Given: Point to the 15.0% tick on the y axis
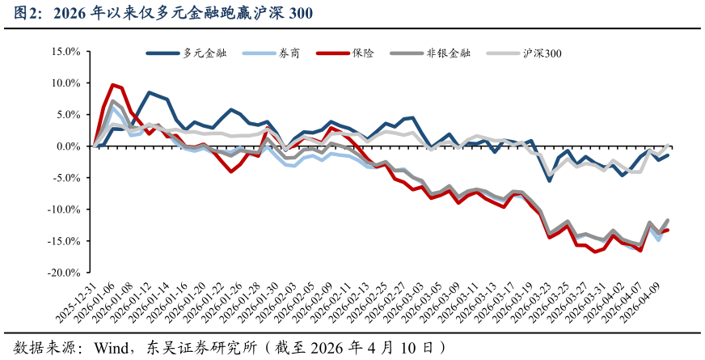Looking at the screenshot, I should [x=65, y=51].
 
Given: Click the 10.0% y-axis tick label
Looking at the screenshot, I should [x=65, y=83].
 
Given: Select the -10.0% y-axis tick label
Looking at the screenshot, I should [x=64, y=210].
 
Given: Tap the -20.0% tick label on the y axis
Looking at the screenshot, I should [x=64, y=273].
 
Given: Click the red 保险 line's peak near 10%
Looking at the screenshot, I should [x=113, y=84].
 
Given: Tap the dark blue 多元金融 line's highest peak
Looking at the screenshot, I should [x=150, y=93].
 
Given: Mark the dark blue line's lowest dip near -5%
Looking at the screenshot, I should [x=550, y=180].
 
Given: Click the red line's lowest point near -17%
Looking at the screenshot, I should [x=595, y=252].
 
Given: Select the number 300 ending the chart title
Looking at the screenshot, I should [x=300, y=14].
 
